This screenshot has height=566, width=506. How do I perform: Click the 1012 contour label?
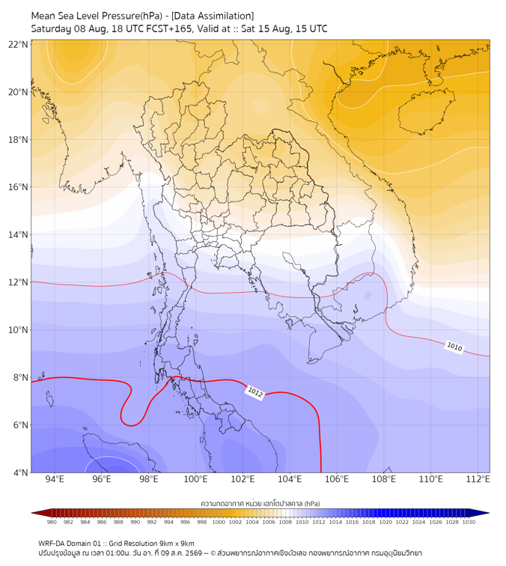255,392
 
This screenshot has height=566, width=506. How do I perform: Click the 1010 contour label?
454,347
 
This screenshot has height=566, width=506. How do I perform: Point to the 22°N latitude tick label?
18,44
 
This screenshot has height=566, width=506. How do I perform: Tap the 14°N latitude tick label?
18,234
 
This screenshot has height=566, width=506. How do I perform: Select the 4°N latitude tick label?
20,472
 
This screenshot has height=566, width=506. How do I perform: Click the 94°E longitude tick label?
55,479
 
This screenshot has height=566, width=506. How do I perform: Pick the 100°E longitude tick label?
195,479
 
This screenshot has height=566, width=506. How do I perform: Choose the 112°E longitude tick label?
478,479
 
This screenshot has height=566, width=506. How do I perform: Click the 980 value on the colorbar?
52,522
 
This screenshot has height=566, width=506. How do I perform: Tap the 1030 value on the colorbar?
469,522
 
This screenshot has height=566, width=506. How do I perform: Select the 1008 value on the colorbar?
285,522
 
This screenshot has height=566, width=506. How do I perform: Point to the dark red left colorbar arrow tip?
31,513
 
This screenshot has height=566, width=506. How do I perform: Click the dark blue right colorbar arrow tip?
490,513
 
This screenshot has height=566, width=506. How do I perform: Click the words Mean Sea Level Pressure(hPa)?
97,16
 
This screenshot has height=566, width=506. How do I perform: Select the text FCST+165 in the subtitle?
169,29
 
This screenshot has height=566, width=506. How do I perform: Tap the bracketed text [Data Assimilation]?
213,16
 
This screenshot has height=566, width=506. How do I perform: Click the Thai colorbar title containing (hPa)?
260,503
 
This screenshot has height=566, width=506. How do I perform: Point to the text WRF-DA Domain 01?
70,544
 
